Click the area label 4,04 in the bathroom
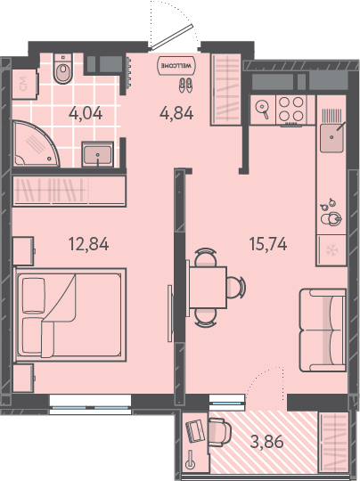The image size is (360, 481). click(x=86, y=113)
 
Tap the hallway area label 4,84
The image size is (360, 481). click(x=176, y=113)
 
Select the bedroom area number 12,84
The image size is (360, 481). click(x=88, y=244)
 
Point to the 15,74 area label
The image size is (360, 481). click(x=268, y=244)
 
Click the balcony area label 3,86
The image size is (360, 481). click(x=266, y=443)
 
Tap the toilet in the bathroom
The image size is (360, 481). click(x=63, y=68)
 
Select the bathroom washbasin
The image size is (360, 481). click(x=98, y=154)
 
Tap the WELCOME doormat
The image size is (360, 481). click(x=176, y=65)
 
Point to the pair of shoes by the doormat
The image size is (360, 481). click(x=185, y=85)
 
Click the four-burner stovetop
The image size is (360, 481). click(x=291, y=109)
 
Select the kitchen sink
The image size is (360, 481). click(x=331, y=137)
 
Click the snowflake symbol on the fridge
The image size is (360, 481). click(x=331, y=250)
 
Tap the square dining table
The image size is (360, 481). click(x=208, y=288)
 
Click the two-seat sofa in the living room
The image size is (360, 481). click(x=323, y=330)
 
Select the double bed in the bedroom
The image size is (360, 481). click(x=70, y=315)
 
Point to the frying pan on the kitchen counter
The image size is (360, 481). click(x=262, y=110)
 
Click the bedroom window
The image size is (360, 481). click(x=90, y=405)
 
